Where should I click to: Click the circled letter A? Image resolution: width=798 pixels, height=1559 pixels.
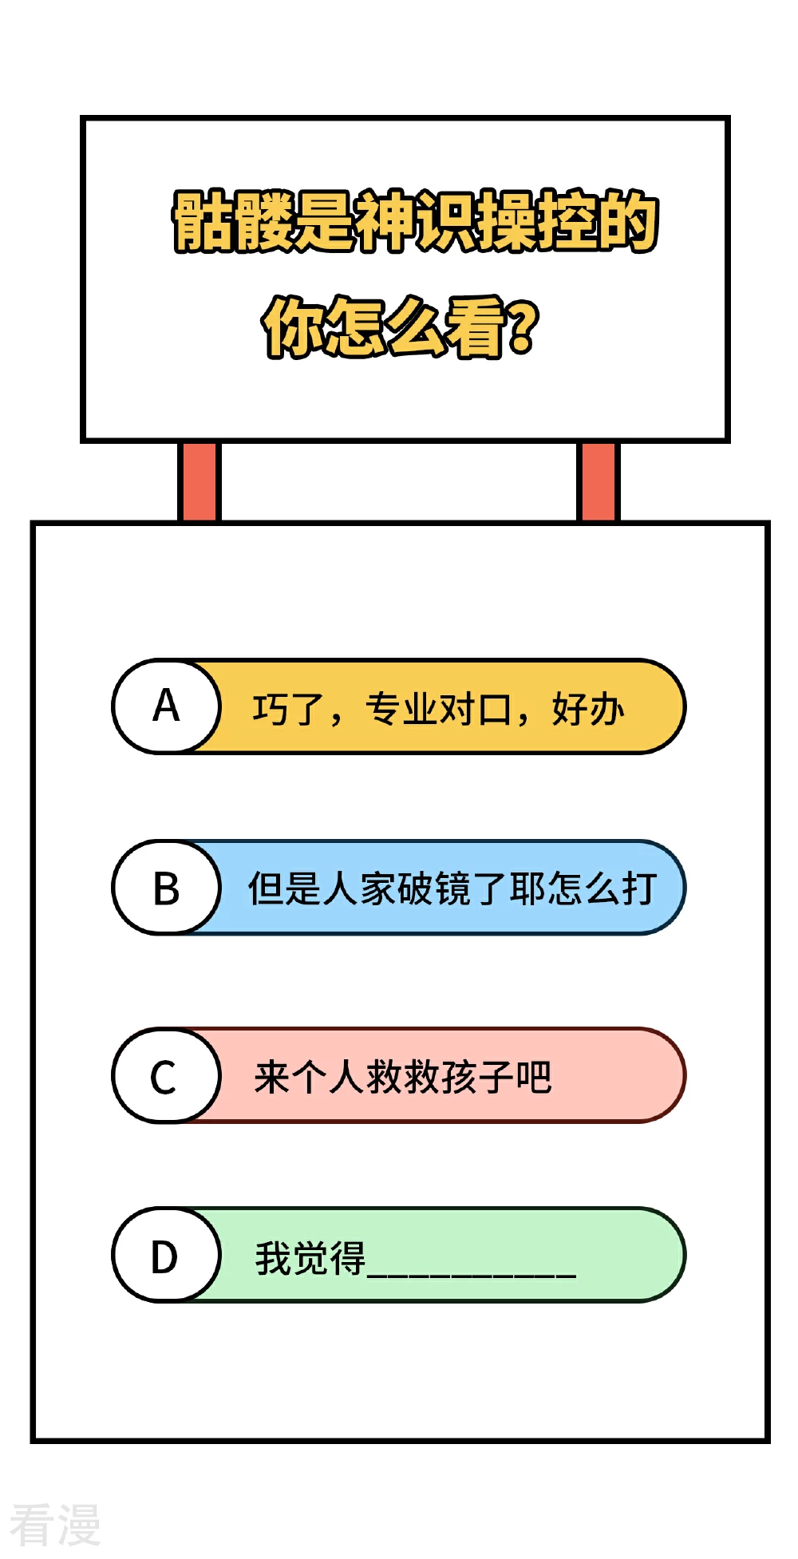pos(166,706)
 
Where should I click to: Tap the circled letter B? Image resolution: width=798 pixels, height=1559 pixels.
pos(166,888)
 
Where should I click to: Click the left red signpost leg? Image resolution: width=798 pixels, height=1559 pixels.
pos(199,481)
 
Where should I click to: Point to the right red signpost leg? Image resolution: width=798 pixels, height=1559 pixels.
pos(598,481)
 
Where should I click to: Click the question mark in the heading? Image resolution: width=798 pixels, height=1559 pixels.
pos(522,326)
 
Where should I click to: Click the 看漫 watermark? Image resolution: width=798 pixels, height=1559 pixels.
pos(55,1524)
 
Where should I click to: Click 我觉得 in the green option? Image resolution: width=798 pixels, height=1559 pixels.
pos(310,1258)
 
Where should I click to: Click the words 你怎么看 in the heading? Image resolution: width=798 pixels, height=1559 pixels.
pos(384,326)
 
